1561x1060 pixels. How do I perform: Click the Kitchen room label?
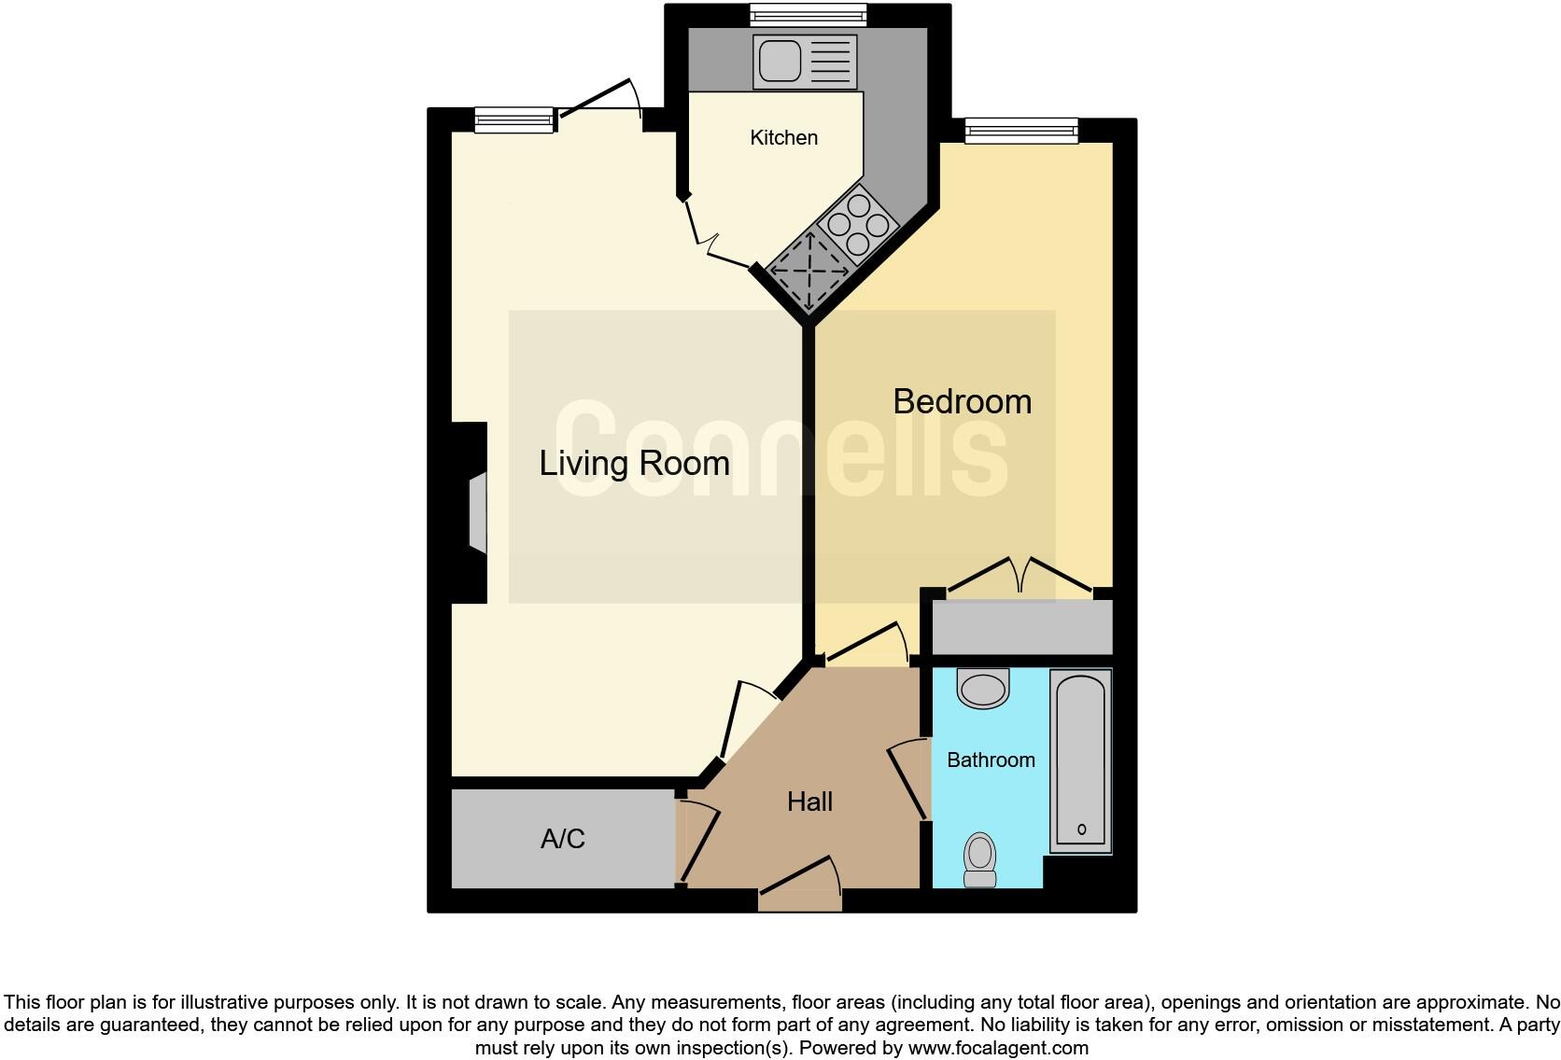[783, 138]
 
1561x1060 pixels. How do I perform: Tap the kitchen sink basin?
[780, 62]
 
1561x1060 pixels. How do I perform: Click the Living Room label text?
[634, 464]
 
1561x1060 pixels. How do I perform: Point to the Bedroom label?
[962, 401]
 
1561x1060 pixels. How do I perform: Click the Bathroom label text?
[990, 760]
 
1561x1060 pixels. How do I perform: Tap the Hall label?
[809, 802]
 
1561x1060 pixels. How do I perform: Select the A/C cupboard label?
[562, 839]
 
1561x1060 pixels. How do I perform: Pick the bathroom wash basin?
[983, 690]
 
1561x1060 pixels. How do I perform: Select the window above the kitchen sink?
[809, 15]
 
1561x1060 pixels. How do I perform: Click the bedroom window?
[1021, 131]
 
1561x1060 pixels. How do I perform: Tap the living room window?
[514, 119]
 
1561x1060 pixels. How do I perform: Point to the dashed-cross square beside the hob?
[808, 270]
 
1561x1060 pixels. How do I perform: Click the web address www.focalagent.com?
[997, 1048]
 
